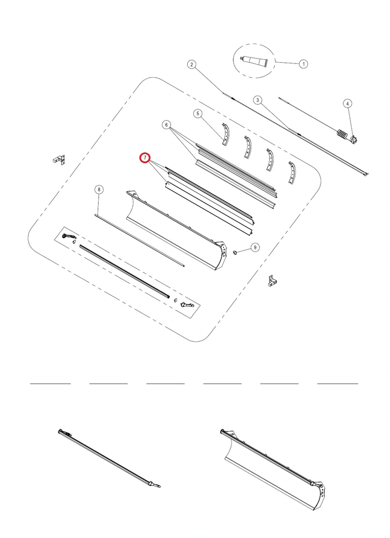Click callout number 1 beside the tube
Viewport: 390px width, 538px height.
(303, 64)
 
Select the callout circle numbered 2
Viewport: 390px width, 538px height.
(192, 64)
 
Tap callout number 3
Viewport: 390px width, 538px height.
(258, 100)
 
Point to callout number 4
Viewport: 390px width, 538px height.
(348, 103)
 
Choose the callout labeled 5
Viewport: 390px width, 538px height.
(197, 114)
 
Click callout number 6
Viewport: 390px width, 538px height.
(166, 125)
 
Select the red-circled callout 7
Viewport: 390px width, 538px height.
(145, 157)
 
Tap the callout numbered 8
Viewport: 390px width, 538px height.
(99, 189)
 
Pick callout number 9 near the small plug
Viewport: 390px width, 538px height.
(255, 247)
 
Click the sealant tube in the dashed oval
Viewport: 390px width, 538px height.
(255, 62)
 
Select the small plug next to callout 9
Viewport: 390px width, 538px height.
(236, 252)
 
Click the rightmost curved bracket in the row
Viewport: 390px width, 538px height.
(292, 173)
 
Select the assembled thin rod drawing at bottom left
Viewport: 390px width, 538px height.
(109, 457)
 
